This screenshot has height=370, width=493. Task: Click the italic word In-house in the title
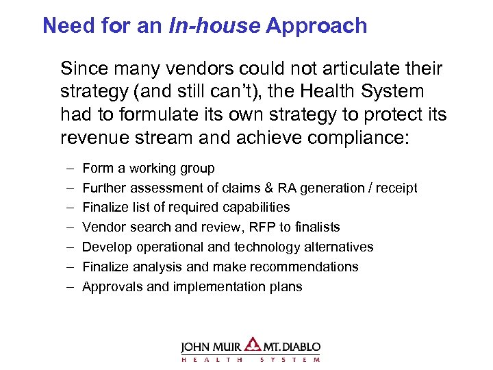pyautogui.click(x=220, y=26)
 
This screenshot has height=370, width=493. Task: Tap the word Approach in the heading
pyautogui.click(x=316, y=26)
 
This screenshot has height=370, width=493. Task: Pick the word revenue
pyautogui.click(x=90, y=138)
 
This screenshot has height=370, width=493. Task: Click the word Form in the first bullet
pyautogui.click(x=95, y=168)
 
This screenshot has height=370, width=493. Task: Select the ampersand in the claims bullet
pyautogui.click(x=250, y=188)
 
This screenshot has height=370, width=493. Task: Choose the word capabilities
pyautogui.click(x=255, y=208)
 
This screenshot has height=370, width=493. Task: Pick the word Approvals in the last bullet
pyautogui.click(x=108, y=287)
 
